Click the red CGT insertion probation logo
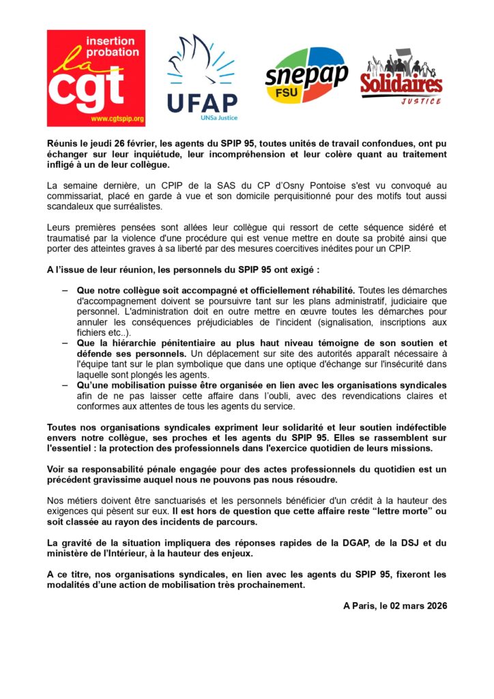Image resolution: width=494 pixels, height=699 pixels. pyautogui.click(x=96, y=78)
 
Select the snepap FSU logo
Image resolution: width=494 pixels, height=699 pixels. pyautogui.click(x=306, y=74)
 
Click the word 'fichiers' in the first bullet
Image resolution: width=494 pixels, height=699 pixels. pyautogui.click(x=92, y=331)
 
